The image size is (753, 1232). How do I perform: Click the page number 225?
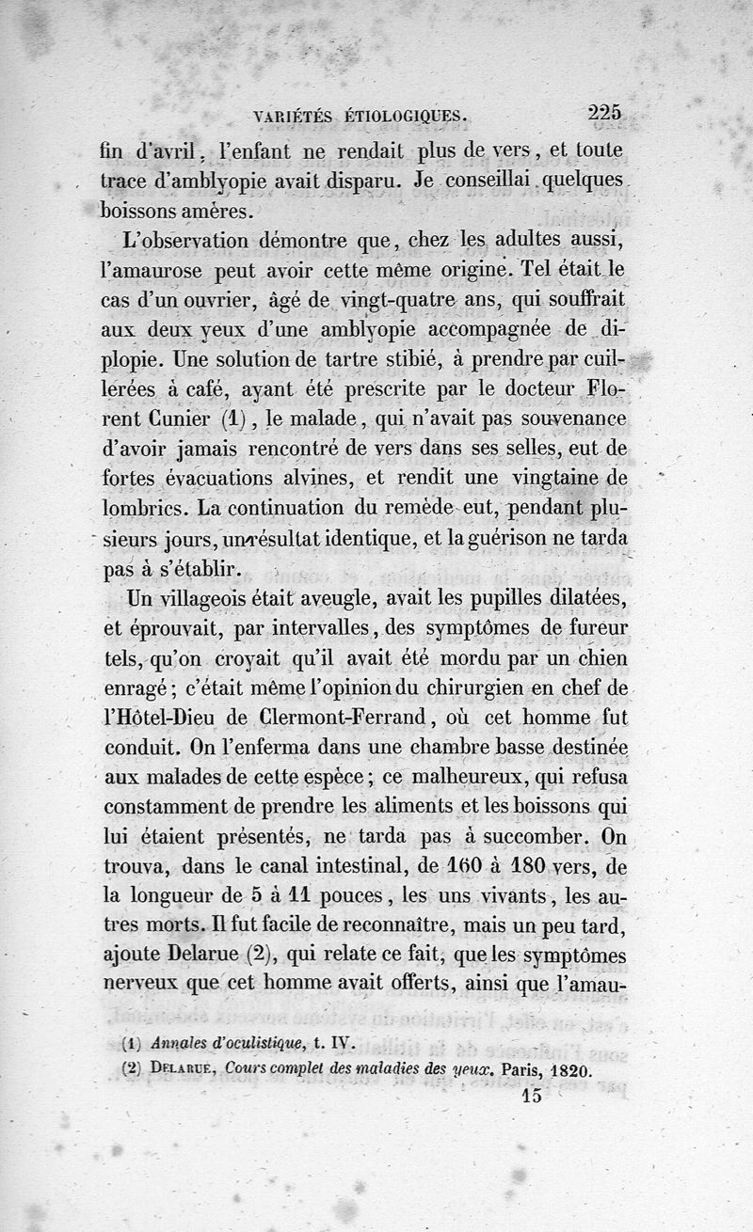[604, 112]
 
